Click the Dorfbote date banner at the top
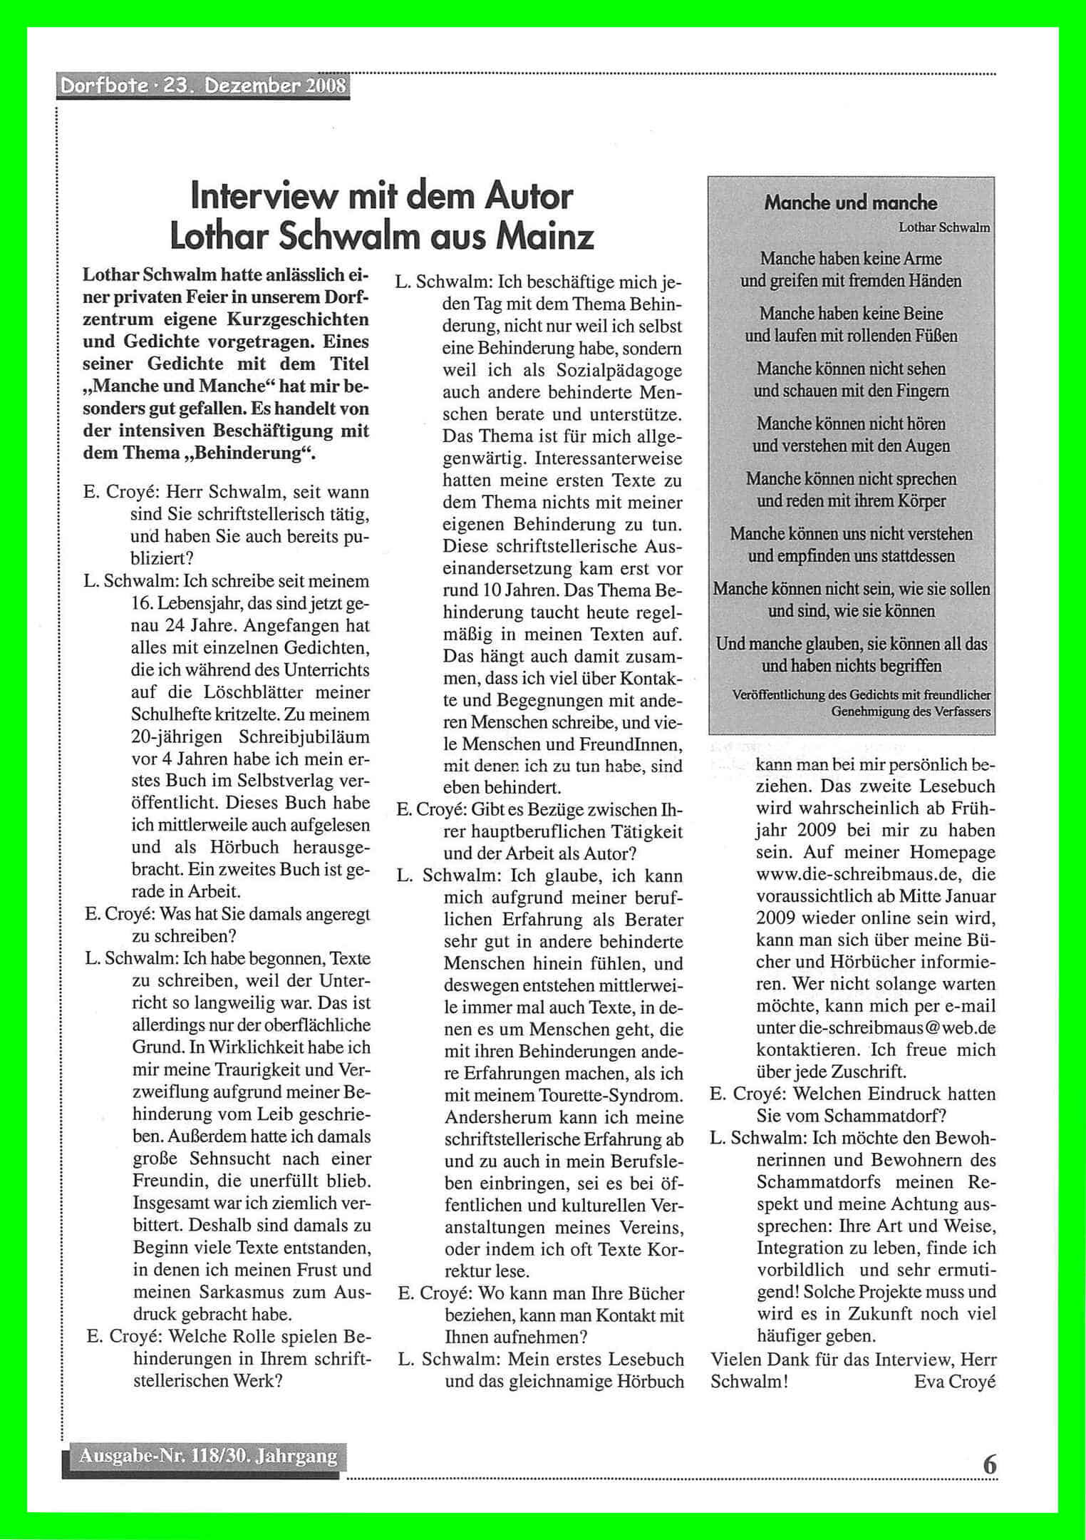pyautogui.click(x=203, y=86)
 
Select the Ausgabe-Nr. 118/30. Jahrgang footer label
pyautogui.click(x=208, y=1454)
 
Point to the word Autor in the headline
pyautogui.click(x=528, y=196)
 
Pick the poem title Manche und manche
pyautogui.click(x=851, y=203)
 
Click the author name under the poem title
pyautogui.click(x=944, y=228)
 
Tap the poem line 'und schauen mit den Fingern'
pyautogui.click(x=852, y=391)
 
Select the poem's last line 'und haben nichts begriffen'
pyautogui.click(x=852, y=666)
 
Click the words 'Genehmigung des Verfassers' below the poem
pyautogui.click(x=911, y=712)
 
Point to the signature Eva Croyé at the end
pyautogui.click(x=954, y=1382)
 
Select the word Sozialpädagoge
pyautogui.click(x=612, y=371)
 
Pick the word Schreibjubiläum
pyautogui.click(x=305, y=736)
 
